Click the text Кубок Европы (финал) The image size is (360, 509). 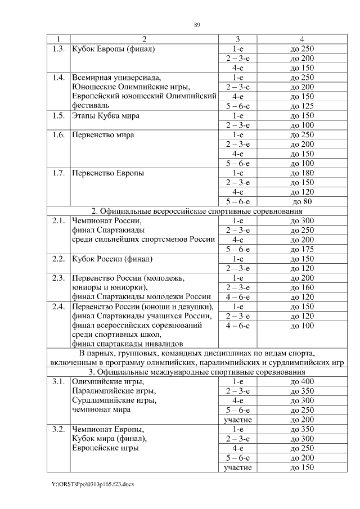[x=113, y=49]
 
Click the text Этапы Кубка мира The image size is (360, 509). [x=106, y=115]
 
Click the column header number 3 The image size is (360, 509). [x=237, y=39]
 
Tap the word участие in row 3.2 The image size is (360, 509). [x=237, y=468]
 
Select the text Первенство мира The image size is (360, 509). [x=103, y=135]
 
